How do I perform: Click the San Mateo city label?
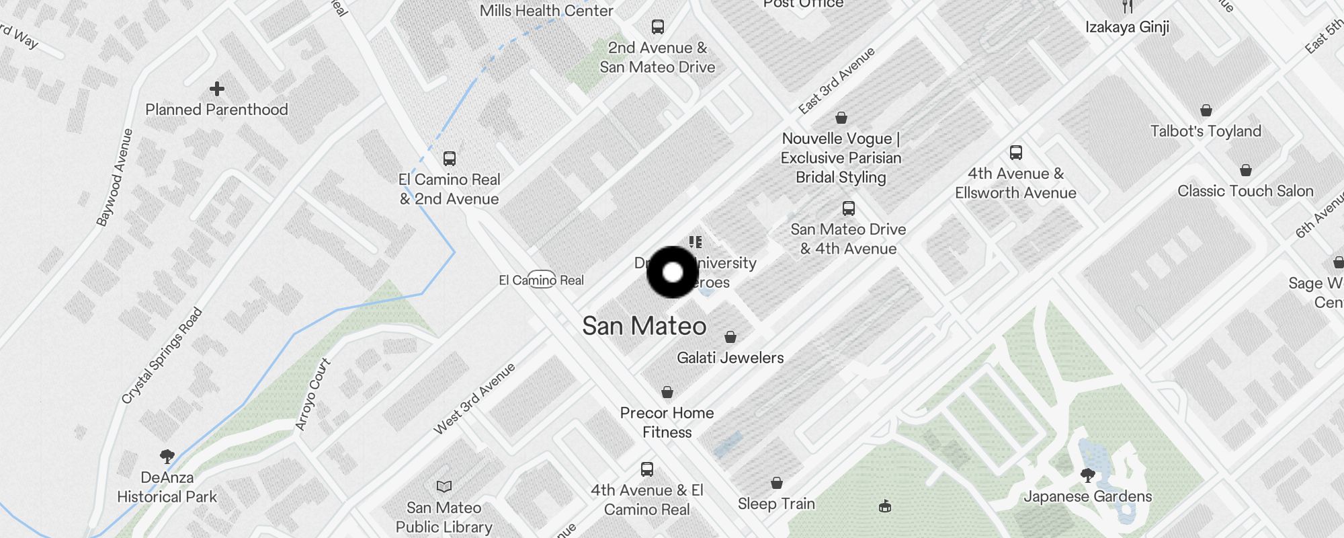tap(644, 326)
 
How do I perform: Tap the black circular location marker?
tap(673, 272)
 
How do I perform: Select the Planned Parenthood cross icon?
tap(216, 88)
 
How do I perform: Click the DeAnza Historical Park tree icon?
tap(167, 457)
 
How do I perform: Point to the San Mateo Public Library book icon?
tap(444, 486)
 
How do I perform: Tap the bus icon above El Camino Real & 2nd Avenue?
tap(450, 159)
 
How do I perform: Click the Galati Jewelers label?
tap(730, 358)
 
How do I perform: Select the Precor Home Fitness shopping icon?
tap(667, 391)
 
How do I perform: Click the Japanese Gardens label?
tap(1087, 497)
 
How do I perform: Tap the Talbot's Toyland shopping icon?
tap(1206, 110)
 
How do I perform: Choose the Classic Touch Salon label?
tap(1245, 191)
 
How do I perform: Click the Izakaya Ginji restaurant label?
tap(1127, 27)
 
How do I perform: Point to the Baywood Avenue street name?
tap(114, 178)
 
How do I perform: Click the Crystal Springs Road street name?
tap(162, 356)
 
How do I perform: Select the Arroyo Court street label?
tap(312, 394)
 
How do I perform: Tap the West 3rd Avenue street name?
tap(474, 398)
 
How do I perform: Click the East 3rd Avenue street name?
tap(837, 80)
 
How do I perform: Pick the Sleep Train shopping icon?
tap(777, 483)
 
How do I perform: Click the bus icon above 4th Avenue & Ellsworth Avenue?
tap(1016, 153)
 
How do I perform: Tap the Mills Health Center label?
tap(546, 11)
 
